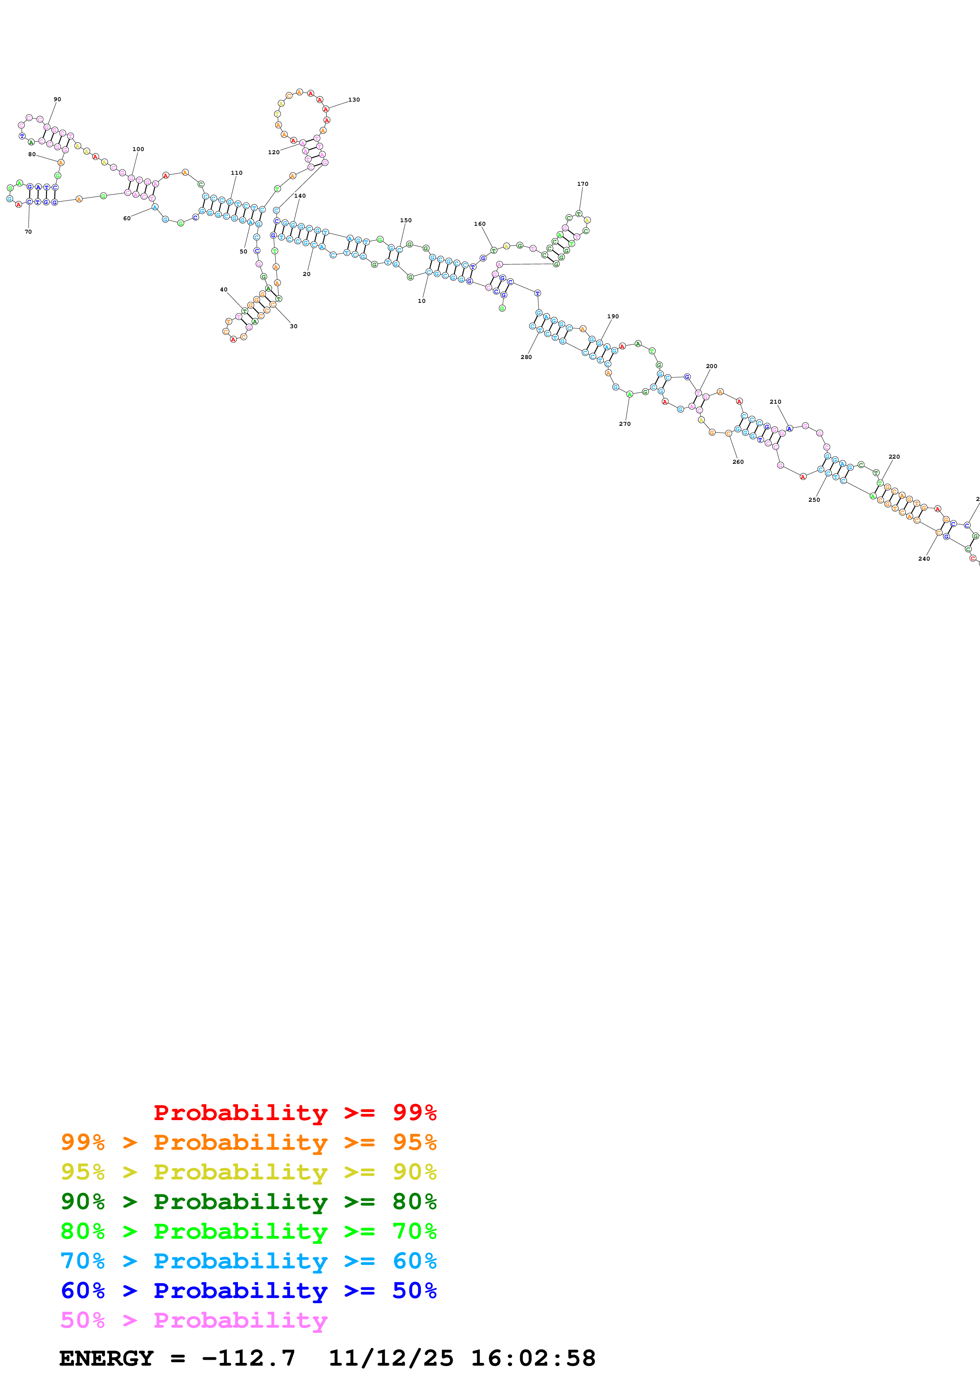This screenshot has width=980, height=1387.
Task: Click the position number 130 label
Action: [x=354, y=100]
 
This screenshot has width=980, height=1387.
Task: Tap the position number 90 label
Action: [x=57, y=99]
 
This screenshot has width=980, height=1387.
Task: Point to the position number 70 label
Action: [x=28, y=231]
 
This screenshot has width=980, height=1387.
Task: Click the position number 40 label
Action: [x=223, y=289]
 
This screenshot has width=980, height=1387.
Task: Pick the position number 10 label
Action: [x=421, y=301]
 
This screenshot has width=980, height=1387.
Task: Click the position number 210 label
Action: [x=775, y=401]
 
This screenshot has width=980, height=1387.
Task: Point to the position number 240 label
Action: [x=924, y=559]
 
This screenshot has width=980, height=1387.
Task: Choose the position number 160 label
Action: [x=480, y=223]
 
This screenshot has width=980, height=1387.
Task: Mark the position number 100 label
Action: [x=138, y=149]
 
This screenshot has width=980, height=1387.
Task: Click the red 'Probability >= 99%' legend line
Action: [x=295, y=1112]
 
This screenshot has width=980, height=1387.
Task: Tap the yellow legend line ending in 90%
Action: [x=248, y=1172]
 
